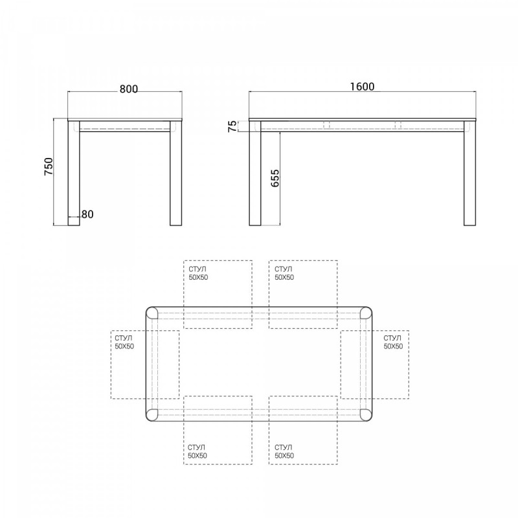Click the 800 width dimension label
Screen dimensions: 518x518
(128, 89)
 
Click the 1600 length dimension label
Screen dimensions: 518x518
(362, 87)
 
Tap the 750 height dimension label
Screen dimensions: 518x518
(49, 166)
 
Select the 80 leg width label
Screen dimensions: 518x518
(87, 214)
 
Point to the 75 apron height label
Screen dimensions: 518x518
(233, 126)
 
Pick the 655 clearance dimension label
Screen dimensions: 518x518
(275, 179)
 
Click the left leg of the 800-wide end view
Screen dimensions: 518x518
(74, 174)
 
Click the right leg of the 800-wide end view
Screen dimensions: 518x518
(175, 174)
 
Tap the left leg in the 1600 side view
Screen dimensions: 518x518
(255, 174)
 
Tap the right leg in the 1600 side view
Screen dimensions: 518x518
(470, 174)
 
